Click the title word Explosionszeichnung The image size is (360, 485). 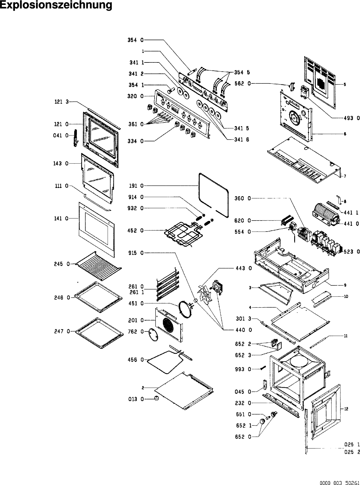(56, 5)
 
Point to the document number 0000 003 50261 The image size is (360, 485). (339, 483)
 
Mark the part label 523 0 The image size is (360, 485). (351, 251)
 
